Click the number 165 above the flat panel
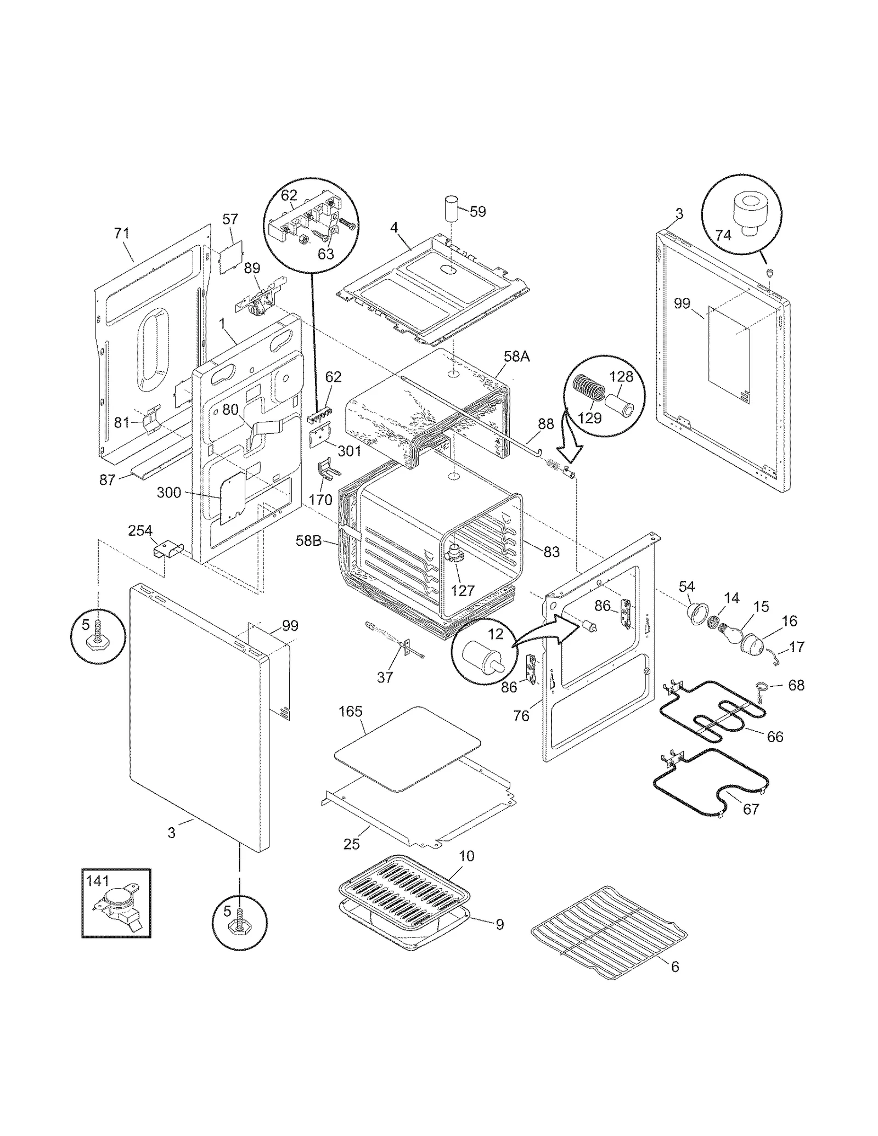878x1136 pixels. point(350,711)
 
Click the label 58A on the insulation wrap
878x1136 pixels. point(516,357)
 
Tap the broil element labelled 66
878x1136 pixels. point(713,719)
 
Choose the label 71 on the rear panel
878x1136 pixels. point(121,233)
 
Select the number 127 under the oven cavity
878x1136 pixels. point(463,590)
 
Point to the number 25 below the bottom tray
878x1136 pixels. point(351,844)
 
